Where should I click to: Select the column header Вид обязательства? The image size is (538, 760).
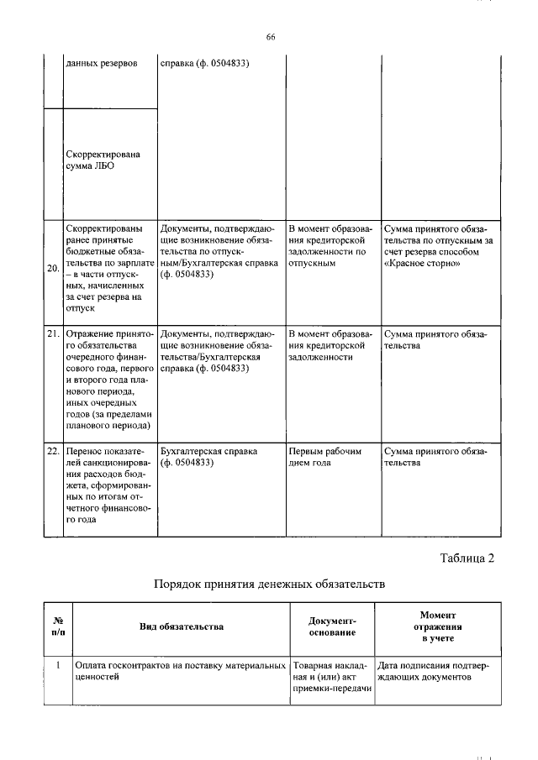(x=181, y=626)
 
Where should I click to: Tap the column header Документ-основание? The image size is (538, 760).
(x=332, y=626)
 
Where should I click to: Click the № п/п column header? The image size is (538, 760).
(x=57, y=626)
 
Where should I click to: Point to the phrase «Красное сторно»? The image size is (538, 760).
(x=422, y=263)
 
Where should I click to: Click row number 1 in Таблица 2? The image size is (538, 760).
(x=57, y=665)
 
